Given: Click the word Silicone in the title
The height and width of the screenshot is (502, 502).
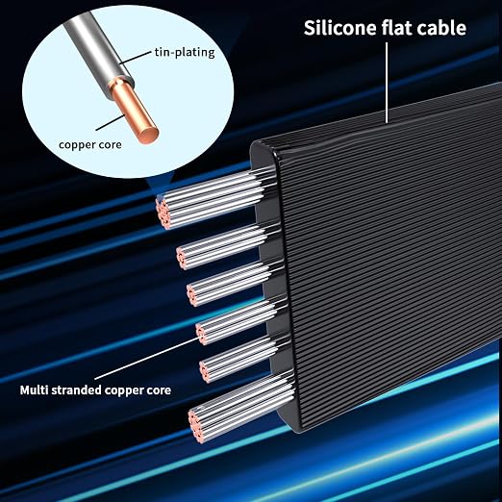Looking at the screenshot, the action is tap(340, 28).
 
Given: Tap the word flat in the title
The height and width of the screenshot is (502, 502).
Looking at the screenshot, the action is tap(396, 28).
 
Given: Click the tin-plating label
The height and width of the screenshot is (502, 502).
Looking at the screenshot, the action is tap(185, 52).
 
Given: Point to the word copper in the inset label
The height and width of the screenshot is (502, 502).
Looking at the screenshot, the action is tap(74, 145).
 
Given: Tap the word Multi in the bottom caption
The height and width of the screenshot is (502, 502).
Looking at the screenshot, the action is tap(34, 390).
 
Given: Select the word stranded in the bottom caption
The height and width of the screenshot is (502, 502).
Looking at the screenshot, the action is tap(76, 390).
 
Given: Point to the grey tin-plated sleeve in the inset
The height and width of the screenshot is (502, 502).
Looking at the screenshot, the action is tap(96, 48).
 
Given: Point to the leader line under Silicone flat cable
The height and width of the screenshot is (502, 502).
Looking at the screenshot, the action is tap(387, 83).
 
